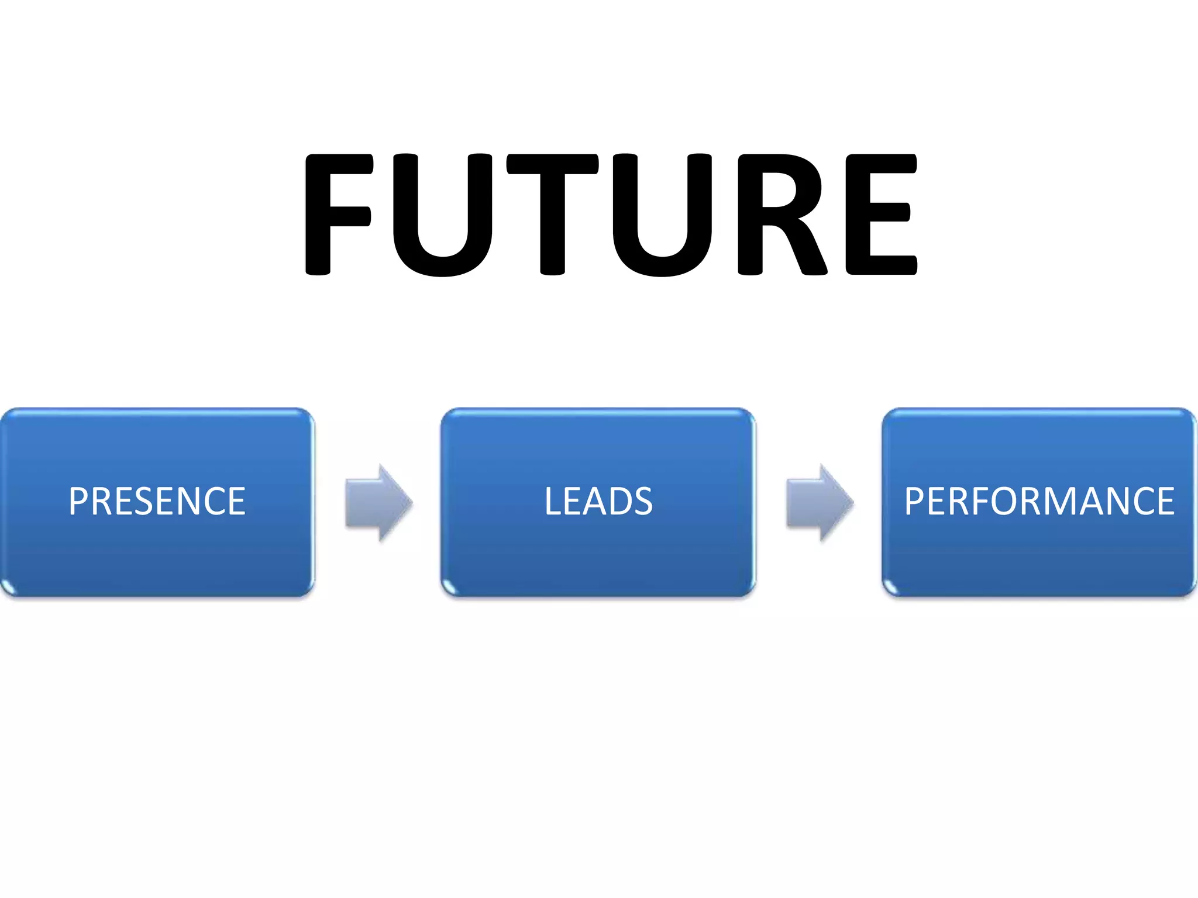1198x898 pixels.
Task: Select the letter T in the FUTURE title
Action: pos(552,214)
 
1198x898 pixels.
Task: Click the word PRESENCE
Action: pos(157,502)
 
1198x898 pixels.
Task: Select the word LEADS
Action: pos(598,502)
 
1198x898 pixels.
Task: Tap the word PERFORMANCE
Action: pos(1039,502)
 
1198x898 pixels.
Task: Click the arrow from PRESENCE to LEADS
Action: pos(378,503)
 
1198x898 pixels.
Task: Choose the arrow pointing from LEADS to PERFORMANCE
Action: pos(820,503)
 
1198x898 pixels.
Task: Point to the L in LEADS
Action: pos(553,502)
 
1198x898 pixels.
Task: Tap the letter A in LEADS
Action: pos(591,502)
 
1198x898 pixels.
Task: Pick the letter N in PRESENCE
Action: pos(187,502)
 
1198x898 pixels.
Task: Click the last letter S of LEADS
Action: pos(642,502)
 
